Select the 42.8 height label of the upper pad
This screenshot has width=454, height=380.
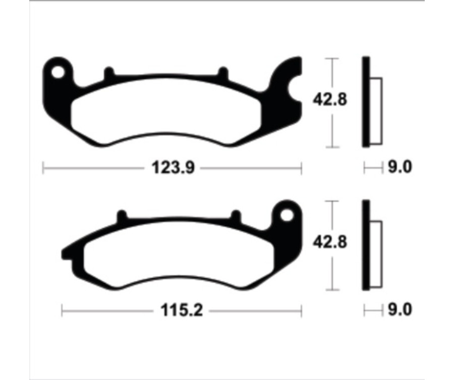[x=330, y=100]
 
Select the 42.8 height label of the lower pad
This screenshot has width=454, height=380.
[x=330, y=243]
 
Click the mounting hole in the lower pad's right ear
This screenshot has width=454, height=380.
[x=287, y=215]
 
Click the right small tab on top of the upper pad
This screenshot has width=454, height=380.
[x=222, y=73]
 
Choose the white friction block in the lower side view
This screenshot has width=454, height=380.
[x=376, y=252]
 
